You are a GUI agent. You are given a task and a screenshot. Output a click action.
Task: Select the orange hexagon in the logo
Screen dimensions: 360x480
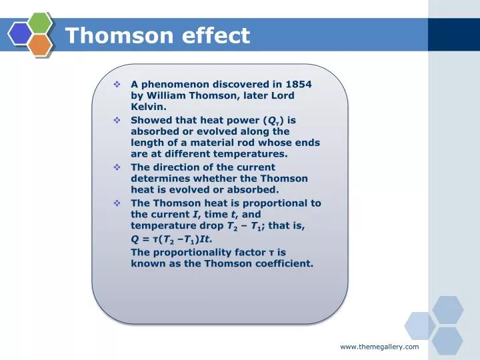click(40, 44)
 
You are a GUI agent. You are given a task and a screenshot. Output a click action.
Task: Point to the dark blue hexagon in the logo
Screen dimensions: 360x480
click(21, 33)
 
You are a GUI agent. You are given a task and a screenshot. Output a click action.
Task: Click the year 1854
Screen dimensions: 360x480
click(299, 85)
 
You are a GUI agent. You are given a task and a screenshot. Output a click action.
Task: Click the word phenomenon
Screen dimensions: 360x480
click(175, 85)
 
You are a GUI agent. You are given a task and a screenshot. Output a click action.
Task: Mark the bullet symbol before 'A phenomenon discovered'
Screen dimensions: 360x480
click(117, 85)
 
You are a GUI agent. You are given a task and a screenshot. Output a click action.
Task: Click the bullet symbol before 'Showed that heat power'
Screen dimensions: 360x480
click(117, 121)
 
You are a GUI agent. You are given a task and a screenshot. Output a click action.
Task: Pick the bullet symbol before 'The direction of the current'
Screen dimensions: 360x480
click(117, 168)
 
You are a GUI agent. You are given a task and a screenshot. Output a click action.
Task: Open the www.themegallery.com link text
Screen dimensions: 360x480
click(379, 347)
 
